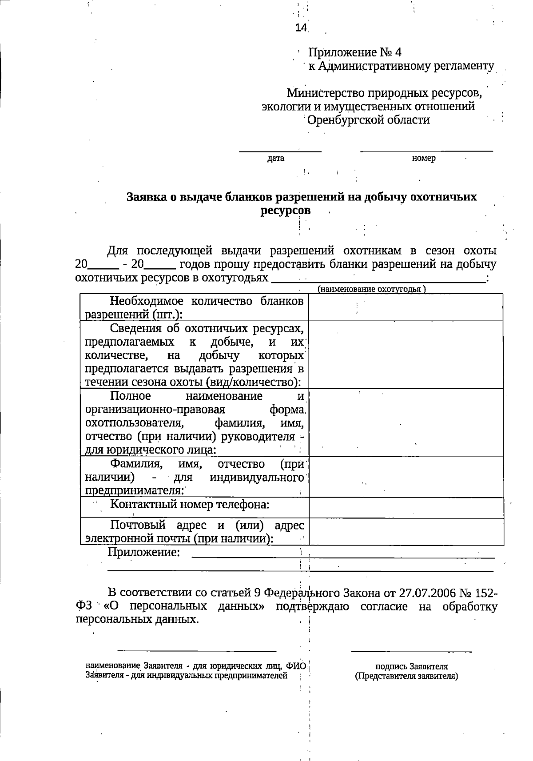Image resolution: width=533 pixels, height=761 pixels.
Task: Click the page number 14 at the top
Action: tap(301, 28)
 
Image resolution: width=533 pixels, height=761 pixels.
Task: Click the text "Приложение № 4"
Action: tap(355, 52)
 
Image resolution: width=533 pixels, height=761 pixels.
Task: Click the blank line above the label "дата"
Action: tap(280, 151)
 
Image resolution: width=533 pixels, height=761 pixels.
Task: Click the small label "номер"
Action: tap(424, 158)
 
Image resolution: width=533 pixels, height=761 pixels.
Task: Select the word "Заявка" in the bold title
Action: tap(147, 197)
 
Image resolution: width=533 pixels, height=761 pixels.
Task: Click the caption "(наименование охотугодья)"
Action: tap(371, 289)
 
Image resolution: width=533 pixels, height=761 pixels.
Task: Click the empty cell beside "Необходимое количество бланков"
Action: tap(406, 307)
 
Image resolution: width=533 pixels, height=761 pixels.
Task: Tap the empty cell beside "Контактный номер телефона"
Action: tap(406, 507)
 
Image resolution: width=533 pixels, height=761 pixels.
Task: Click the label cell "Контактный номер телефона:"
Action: tap(190, 505)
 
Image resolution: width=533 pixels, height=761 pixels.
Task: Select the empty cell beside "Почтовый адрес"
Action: tap(406, 531)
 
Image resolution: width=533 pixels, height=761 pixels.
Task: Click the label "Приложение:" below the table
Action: tap(144, 552)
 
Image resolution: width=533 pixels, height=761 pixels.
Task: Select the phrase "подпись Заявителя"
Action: tap(411, 666)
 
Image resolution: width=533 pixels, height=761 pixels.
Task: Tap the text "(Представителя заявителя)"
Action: tap(406, 676)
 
